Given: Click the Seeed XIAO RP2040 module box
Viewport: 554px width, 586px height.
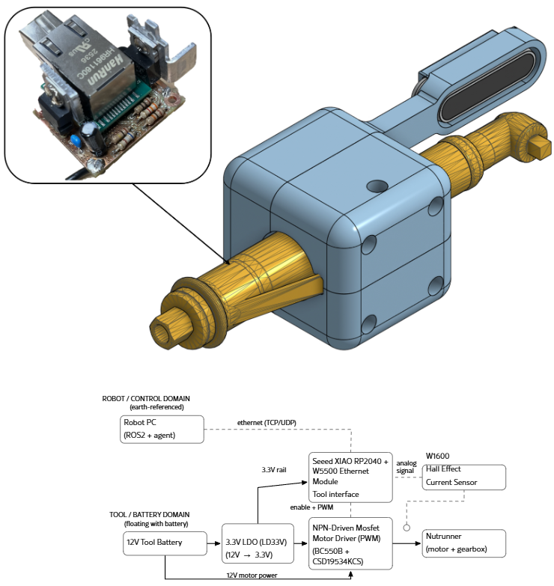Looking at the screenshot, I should point(350,477).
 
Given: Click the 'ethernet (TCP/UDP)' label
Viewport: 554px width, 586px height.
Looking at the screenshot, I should point(267,423).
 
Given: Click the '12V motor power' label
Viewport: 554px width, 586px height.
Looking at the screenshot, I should point(252,576).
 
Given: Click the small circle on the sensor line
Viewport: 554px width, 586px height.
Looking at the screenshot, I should point(405,527).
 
